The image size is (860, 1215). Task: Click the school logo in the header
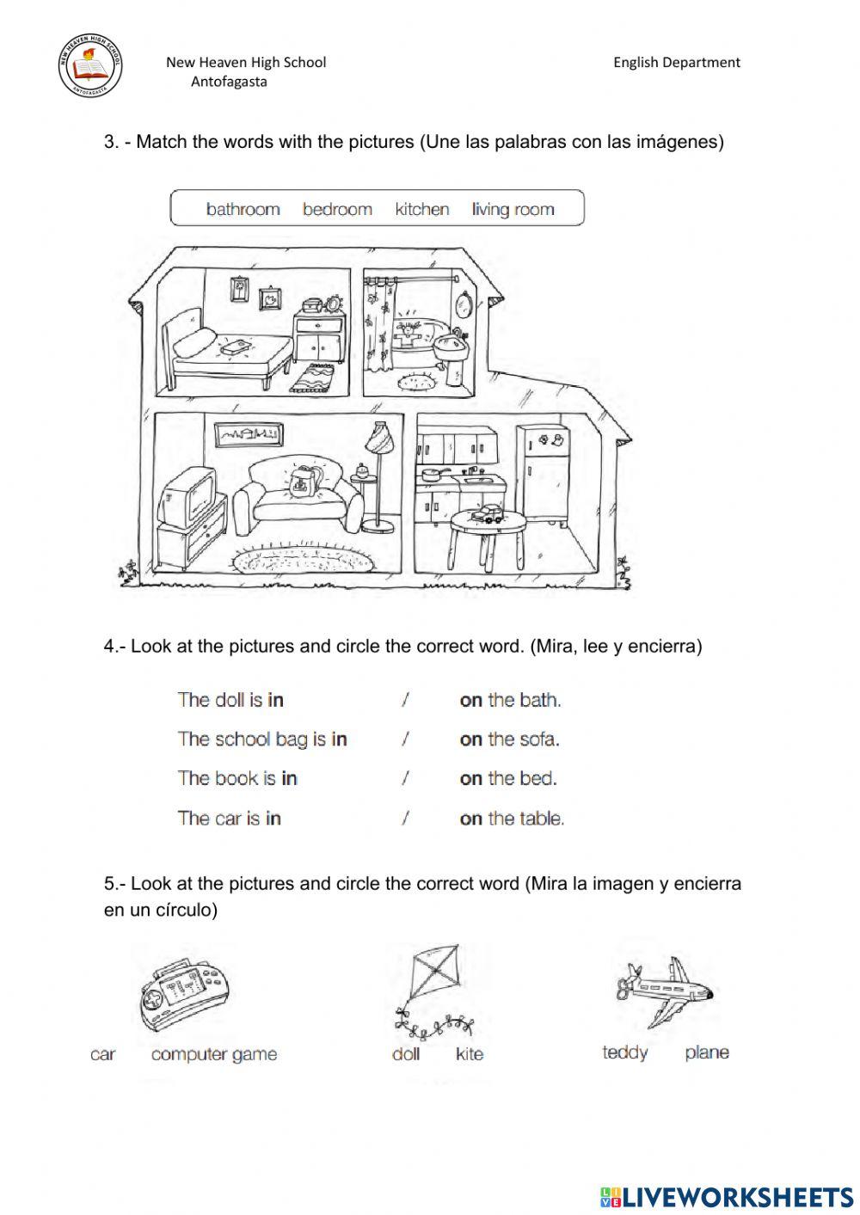(x=90, y=66)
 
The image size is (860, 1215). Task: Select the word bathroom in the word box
(x=243, y=209)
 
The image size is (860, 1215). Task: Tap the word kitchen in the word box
(x=421, y=209)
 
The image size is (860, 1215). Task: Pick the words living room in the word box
(x=513, y=209)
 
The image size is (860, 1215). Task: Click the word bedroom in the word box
(x=337, y=209)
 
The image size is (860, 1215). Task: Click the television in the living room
(x=190, y=500)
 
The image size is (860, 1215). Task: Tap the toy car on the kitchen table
(x=486, y=515)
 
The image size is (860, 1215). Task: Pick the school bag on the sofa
(x=302, y=484)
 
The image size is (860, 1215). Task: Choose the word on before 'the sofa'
(x=470, y=739)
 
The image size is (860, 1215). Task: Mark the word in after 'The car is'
(x=273, y=819)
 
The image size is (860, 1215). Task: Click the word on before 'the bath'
(x=470, y=700)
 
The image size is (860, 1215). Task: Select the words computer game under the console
(x=214, y=1054)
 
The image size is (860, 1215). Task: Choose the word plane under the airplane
(x=706, y=1052)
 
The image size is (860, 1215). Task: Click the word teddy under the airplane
(x=625, y=1052)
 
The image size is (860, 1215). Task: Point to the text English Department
(x=676, y=62)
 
